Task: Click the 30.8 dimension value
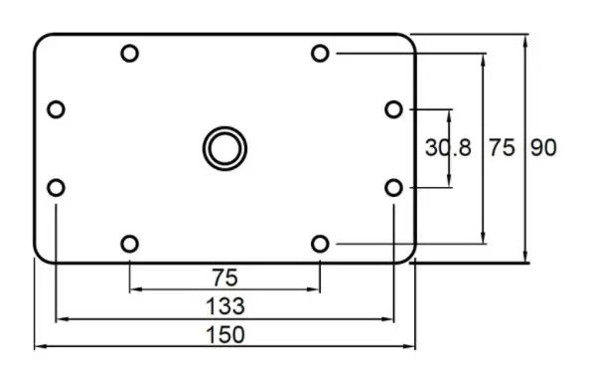[x=448, y=147]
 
